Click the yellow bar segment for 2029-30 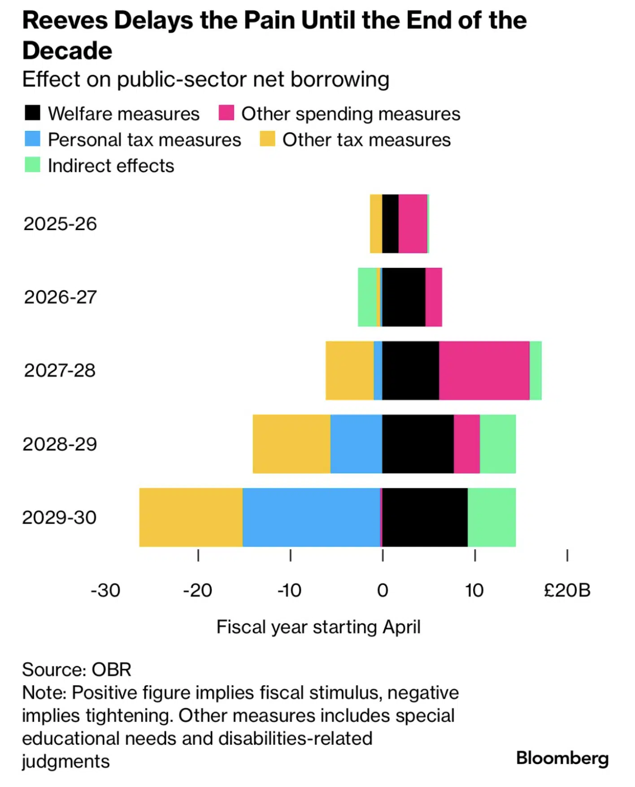click(x=191, y=517)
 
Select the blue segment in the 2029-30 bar click(x=311, y=517)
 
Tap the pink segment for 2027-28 click(x=484, y=370)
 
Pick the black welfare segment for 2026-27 click(x=404, y=297)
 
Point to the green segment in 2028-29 click(x=498, y=444)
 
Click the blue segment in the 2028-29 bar click(x=357, y=444)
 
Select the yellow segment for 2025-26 click(x=376, y=223)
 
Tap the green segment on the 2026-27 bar click(x=367, y=297)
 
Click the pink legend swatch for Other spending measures click(x=226, y=113)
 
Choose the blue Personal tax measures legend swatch click(x=33, y=139)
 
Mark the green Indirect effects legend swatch click(x=33, y=165)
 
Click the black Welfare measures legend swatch click(x=33, y=113)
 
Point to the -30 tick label click(x=105, y=590)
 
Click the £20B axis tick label click(x=567, y=590)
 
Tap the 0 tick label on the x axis click(x=383, y=590)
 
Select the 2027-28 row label click(x=60, y=371)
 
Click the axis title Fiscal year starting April click(x=318, y=627)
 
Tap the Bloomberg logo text click(x=562, y=758)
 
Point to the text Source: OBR click(x=77, y=669)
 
